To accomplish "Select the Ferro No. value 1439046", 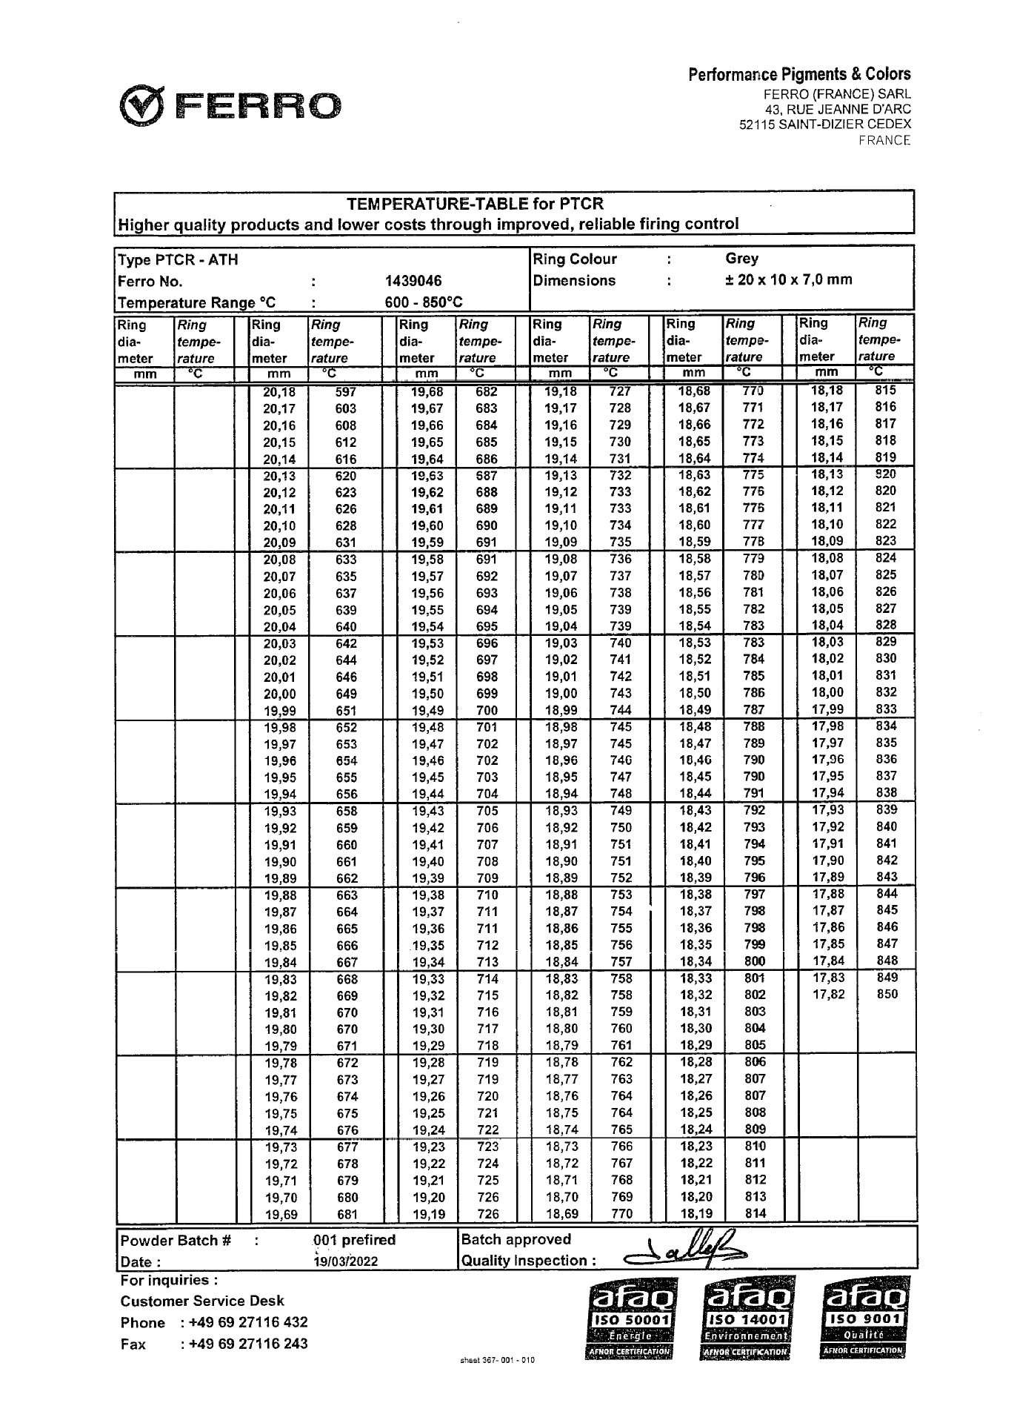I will (413, 281).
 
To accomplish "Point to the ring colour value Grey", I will (741, 259).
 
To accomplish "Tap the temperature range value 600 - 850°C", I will (424, 302).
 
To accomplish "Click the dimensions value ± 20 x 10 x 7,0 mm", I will (788, 280).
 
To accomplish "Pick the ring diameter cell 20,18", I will (279, 392).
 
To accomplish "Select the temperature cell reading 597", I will (346, 392).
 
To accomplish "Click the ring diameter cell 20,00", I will (279, 694).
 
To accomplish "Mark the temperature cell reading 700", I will (487, 711).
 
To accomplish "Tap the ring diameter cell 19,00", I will (560, 694).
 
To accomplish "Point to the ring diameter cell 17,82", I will (828, 995).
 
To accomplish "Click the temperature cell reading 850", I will (887, 995).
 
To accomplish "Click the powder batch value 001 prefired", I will (354, 1240).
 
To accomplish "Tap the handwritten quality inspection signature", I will (685, 1251).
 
